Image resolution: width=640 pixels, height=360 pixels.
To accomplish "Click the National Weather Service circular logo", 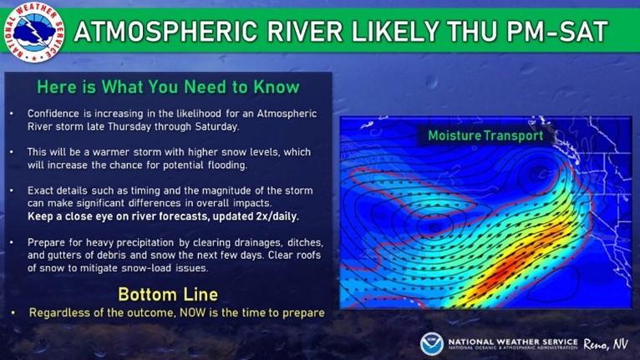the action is [x=34, y=33].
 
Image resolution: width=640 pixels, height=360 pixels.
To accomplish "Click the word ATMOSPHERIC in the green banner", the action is [x=165, y=32].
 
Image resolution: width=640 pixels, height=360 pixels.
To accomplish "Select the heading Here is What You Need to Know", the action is [x=168, y=87].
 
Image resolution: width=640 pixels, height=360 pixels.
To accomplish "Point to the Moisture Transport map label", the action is [x=485, y=135].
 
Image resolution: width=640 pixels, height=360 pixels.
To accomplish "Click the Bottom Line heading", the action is [x=168, y=294].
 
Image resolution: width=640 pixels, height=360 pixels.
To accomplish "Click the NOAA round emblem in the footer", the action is [x=431, y=343].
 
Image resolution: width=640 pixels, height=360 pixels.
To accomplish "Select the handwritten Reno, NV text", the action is [x=605, y=344].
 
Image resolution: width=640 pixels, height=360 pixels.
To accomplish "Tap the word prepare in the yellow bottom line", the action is [x=304, y=313].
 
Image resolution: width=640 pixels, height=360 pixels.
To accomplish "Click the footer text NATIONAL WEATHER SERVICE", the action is [x=513, y=342].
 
